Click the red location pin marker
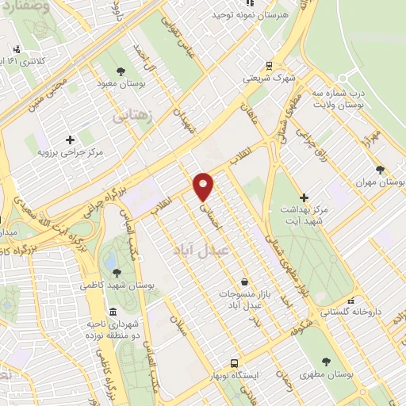tap(205, 186)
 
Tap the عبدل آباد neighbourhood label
tap(199, 248)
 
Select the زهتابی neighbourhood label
tap(131, 116)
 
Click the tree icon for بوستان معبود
tap(121, 70)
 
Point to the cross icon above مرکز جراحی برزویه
tap(71, 140)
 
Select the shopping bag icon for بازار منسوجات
tap(244, 281)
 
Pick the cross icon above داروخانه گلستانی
tap(350, 301)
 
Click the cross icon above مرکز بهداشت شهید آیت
tap(304, 197)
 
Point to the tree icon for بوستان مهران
tap(381, 170)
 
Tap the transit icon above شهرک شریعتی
tap(270, 67)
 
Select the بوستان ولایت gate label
tap(339, 98)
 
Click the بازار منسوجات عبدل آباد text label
tap(245, 299)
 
